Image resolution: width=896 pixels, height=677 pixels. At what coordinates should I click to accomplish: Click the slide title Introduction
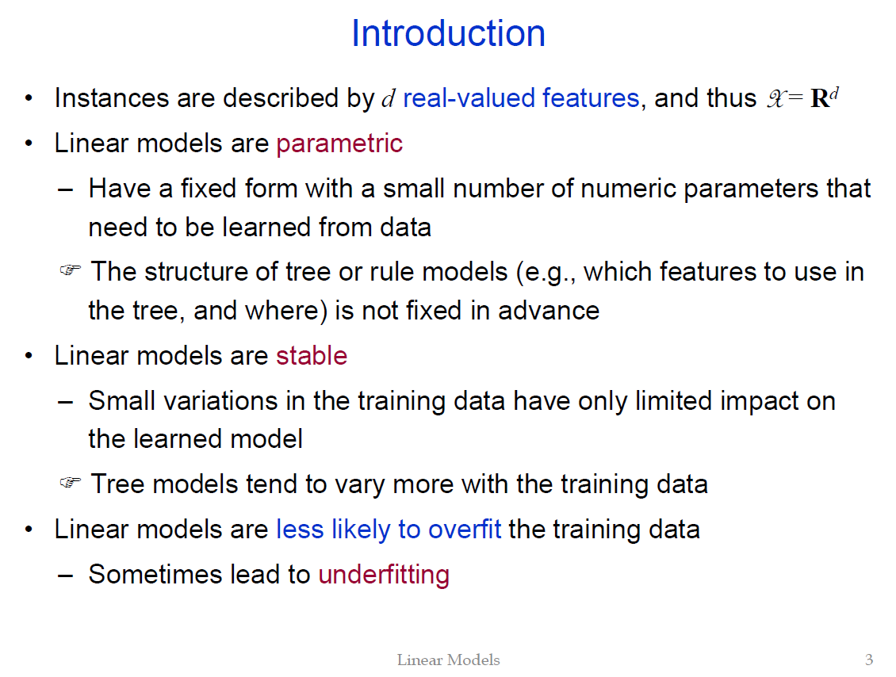pos(448,33)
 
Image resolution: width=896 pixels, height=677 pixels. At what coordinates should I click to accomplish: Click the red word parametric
pos(339,144)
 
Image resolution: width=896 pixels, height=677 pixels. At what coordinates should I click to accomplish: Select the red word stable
pos(312,355)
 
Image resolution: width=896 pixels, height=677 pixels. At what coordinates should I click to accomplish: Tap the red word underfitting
pos(384,575)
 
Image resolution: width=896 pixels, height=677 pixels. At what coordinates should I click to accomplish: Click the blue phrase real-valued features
pos(521,98)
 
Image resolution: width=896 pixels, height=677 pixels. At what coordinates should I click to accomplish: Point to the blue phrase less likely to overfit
pos(389,530)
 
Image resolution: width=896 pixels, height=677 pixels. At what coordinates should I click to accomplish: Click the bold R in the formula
pos(819,98)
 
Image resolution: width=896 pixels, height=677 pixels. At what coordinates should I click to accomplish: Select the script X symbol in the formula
pos(775,98)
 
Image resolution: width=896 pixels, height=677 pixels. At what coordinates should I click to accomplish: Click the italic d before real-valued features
pos(388,98)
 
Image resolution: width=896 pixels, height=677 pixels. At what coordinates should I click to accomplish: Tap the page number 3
pos(868,660)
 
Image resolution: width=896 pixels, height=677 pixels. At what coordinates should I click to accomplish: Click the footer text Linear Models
pos(449,660)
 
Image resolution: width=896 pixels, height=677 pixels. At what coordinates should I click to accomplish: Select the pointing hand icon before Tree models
pos(71,482)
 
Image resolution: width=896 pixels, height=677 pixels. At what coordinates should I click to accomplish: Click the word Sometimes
pos(155,574)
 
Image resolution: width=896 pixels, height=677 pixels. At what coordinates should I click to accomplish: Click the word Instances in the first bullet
pos(112,98)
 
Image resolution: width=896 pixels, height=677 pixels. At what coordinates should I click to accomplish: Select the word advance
pos(549,312)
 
